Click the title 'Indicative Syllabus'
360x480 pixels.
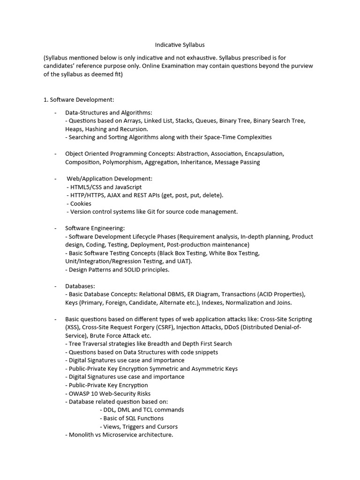(180, 45)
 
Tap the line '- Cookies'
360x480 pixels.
(79, 203)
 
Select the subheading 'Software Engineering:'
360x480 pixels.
(95, 228)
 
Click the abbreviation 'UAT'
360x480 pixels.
(184, 261)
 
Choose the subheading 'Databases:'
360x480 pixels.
(80, 286)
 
